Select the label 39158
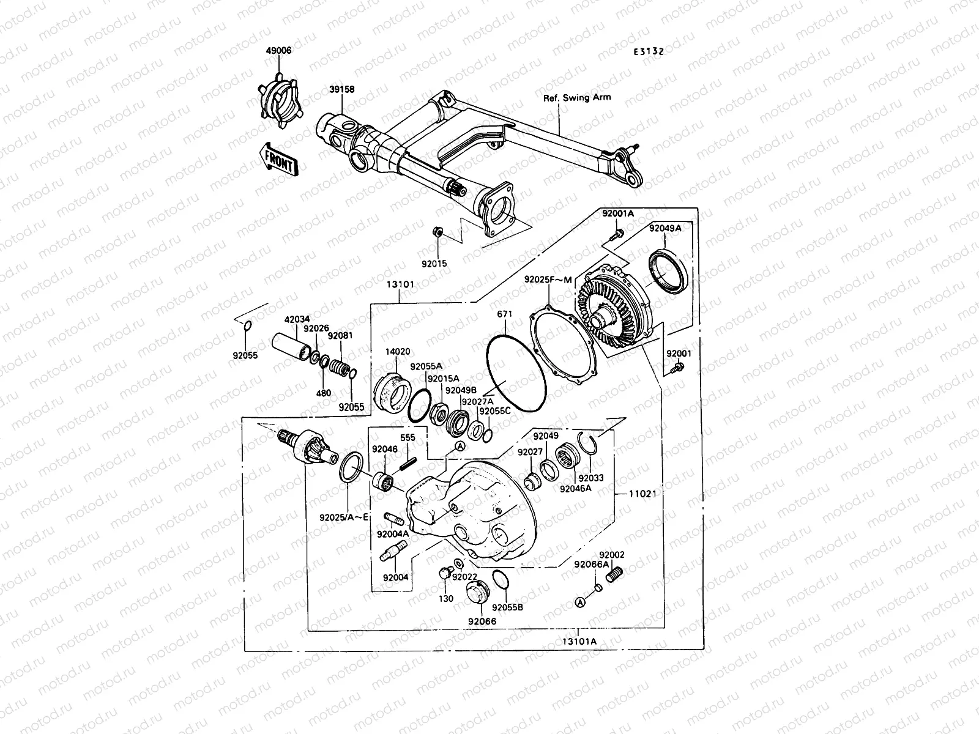[342, 89]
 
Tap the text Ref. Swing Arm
[577, 97]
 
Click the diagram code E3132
[649, 52]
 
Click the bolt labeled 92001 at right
[677, 368]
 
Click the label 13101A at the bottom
[580, 642]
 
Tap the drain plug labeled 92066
[476, 593]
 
